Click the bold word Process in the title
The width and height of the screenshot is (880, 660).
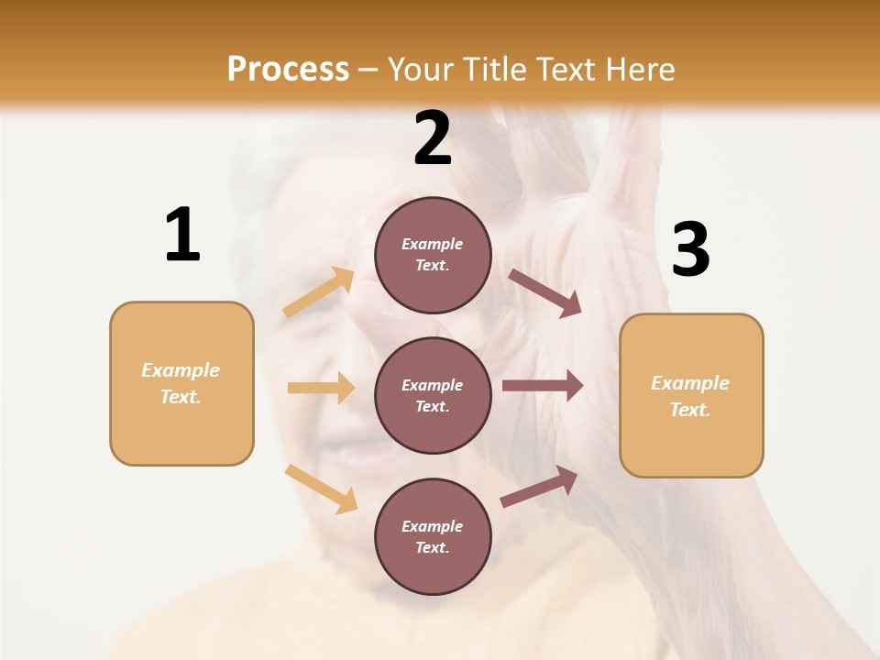click(288, 70)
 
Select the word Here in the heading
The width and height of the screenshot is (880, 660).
click(636, 70)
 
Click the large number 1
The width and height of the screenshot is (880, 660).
click(182, 235)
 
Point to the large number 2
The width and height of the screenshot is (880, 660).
click(433, 138)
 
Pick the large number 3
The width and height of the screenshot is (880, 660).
click(690, 249)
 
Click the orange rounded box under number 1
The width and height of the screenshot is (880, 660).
click(181, 383)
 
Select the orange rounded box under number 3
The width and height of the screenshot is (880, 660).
click(691, 396)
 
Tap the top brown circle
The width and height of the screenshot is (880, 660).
click(433, 255)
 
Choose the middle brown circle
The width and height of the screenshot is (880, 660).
click(433, 395)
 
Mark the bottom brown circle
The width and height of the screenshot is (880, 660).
click(433, 536)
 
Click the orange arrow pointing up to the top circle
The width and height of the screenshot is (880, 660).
click(318, 292)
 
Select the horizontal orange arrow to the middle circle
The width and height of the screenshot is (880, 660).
click(321, 388)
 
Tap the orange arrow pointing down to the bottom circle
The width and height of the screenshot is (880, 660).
click(321, 489)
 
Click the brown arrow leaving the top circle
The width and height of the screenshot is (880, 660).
click(545, 293)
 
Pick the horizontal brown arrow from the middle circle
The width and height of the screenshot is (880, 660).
click(543, 386)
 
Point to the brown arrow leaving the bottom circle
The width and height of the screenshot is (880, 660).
click(539, 487)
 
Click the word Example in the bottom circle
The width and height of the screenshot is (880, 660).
click(433, 526)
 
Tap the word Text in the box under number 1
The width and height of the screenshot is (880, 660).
click(180, 397)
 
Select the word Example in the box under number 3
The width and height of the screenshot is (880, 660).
click(690, 383)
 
